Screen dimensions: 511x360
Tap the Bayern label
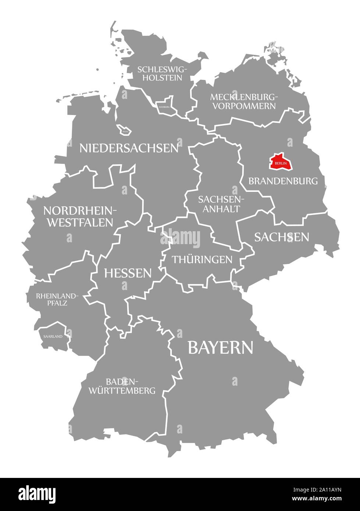point(220,347)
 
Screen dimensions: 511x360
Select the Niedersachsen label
point(129,148)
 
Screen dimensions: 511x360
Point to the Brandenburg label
point(283,181)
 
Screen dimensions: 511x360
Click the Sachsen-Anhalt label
point(219,204)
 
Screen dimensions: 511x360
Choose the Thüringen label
point(202,260)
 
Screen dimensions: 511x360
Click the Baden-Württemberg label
point(122,386)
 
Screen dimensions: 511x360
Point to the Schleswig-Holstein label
point(163,73)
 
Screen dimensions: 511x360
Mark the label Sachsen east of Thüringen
point(282,237)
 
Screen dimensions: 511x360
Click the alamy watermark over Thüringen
point(180,238)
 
